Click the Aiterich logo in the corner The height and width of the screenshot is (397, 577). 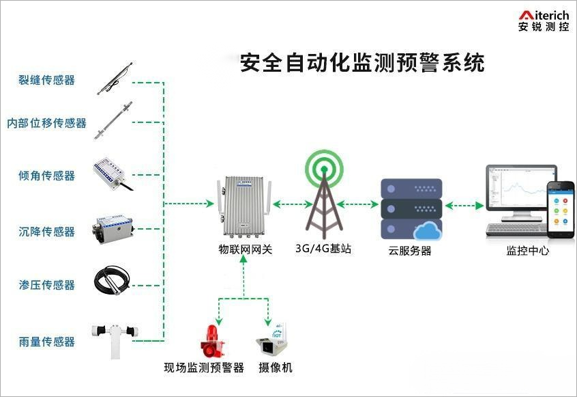(x=543, y=21)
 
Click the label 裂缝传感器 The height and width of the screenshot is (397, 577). (x=46, y=80)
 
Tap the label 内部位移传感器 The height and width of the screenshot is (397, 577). (x=46, y=123)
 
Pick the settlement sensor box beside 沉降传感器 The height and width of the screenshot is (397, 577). (x=113, y=229)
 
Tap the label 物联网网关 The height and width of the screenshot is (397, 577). (x=245, y=249)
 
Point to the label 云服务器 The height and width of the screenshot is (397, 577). (x=410, y=250)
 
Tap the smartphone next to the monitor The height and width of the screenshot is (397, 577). (x=561, y=208)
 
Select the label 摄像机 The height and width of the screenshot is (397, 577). (x=275, y=368)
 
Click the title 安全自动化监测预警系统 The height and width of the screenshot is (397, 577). (x=362, y=64)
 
